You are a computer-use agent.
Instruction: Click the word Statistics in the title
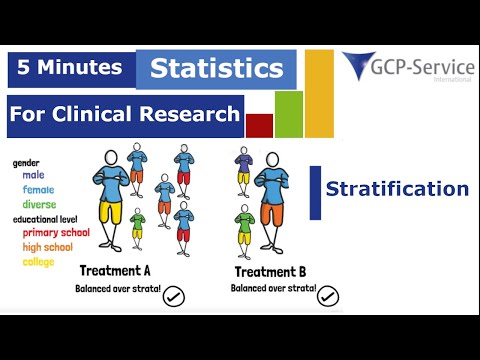[217, 69]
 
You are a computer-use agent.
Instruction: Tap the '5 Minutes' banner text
[69, 68]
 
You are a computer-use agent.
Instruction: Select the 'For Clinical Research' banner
[124, 114]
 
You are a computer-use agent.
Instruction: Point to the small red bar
[259, 125]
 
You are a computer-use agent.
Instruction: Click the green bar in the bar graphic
[288, 113]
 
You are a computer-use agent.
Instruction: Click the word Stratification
[397, 188]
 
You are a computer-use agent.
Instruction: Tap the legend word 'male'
[33, 175]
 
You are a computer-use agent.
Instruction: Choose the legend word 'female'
[38, 189]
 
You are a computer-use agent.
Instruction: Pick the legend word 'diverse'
[39, 204]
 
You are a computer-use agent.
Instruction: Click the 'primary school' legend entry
[56, 233]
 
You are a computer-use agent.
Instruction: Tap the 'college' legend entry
[39, 262]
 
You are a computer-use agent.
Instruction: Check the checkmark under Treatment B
[327, 295]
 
